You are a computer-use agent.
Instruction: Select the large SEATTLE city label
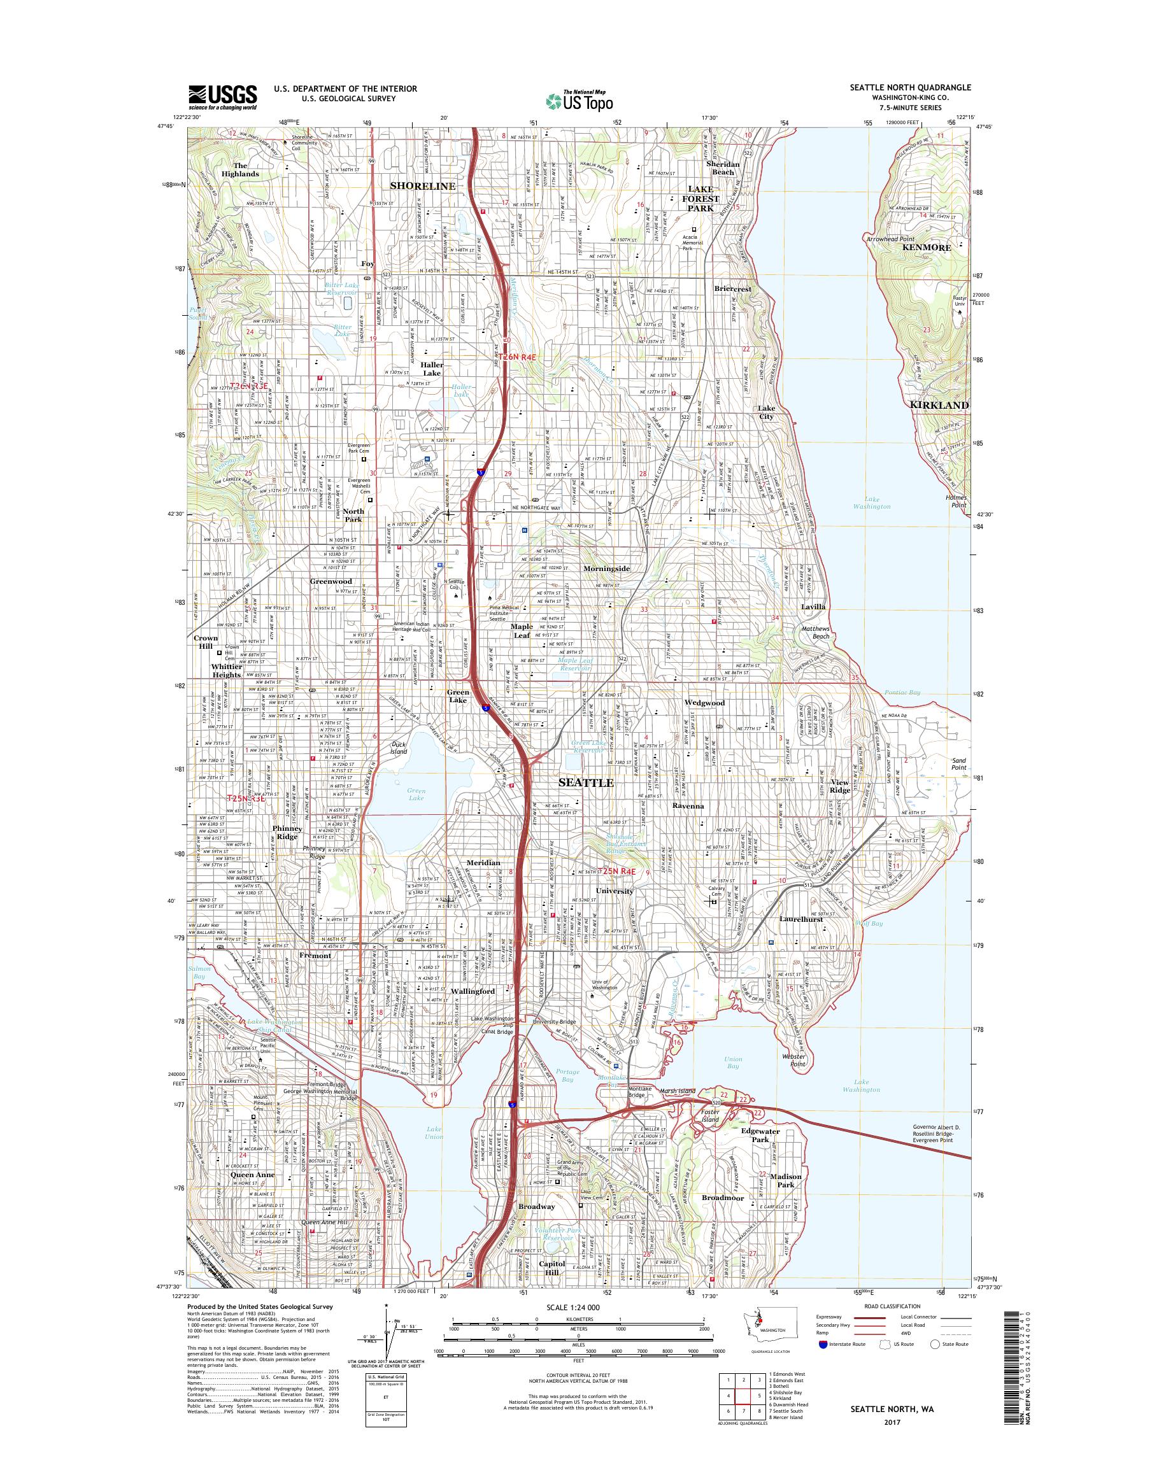click(586, 782)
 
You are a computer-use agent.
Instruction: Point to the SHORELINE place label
click(422, 185)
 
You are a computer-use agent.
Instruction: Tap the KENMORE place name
click(927, 248)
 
